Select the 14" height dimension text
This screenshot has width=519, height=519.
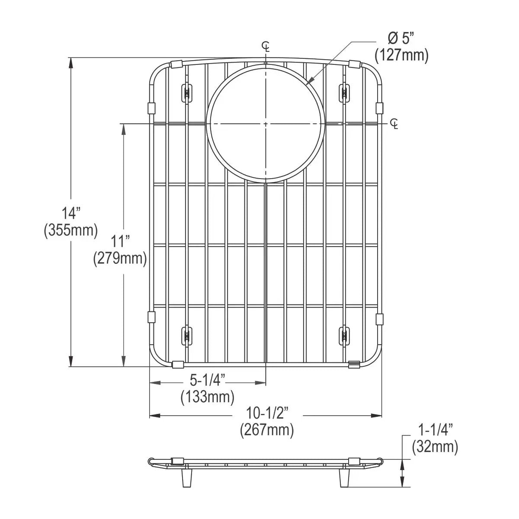(x=71, y=213)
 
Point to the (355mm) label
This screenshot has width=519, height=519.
(x=71, y=230)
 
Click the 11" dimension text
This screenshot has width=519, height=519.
(x=120, y=241)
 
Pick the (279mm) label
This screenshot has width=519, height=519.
(x=120, y=259)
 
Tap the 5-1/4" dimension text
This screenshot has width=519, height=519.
(x=208, y=380)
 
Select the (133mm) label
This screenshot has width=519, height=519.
(x=208, y=397)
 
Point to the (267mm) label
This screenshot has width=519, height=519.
(x=267, y=430)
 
